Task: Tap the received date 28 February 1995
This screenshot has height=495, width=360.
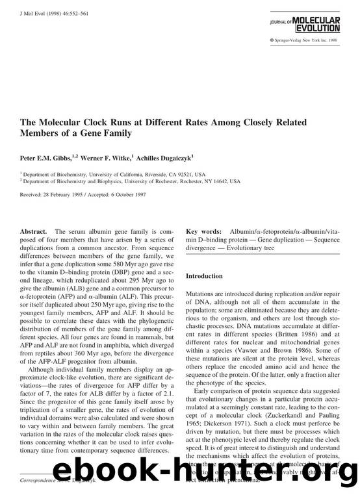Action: click(67, 196)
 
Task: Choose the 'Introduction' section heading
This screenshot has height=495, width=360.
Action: click(204, 276)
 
